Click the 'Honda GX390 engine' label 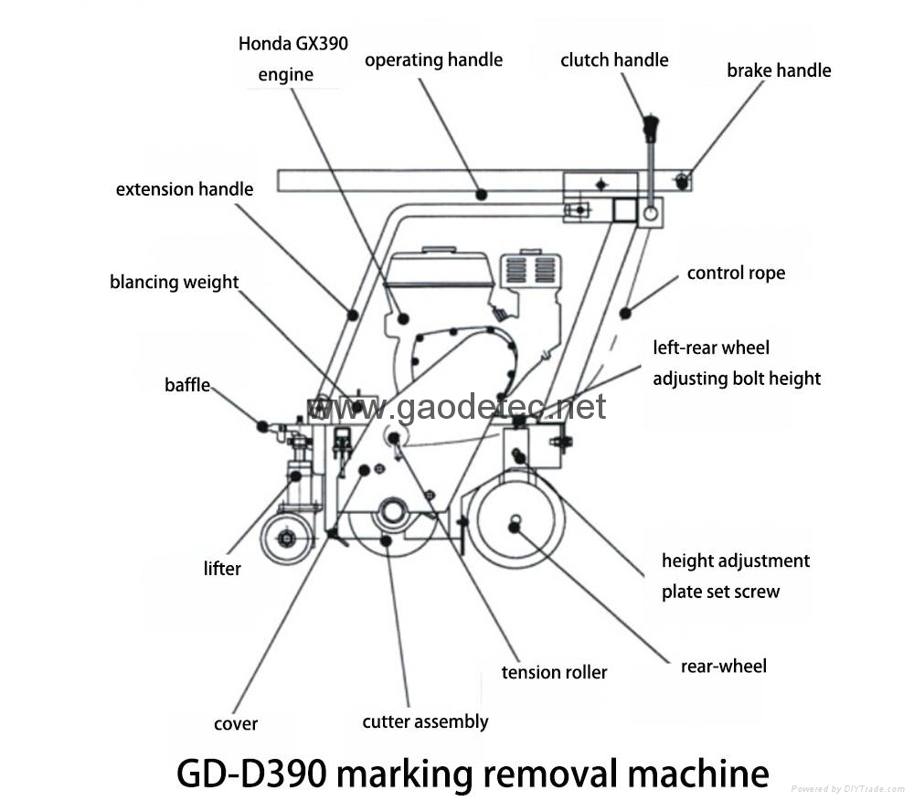pos(292,59)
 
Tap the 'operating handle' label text pos(433,60)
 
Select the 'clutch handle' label pos(614,60)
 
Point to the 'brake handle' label pos(779,70)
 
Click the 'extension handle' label pos(184,189)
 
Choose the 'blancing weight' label pos(174,282)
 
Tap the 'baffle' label pos(187,385)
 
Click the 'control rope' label pos(735,272)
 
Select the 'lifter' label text pos(222,569)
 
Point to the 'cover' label pos(236,724)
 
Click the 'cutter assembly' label pos(425,722)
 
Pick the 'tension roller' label pos(554,673)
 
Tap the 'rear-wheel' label pos(723,667)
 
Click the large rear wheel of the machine pos(515,525)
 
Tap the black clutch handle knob pos(651,126)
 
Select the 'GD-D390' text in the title pos(249,774)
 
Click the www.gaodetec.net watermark pos(456,407)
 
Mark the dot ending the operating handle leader pos(481,195)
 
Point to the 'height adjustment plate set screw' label pos(735,576)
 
